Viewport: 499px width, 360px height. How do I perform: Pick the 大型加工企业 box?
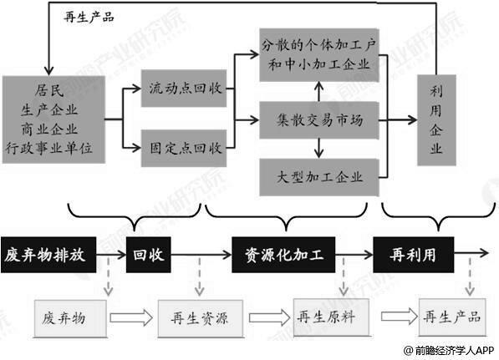321,176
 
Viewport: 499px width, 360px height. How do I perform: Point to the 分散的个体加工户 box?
321,53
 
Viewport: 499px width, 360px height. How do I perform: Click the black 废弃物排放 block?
50,251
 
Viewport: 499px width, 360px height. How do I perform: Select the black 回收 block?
146,251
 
